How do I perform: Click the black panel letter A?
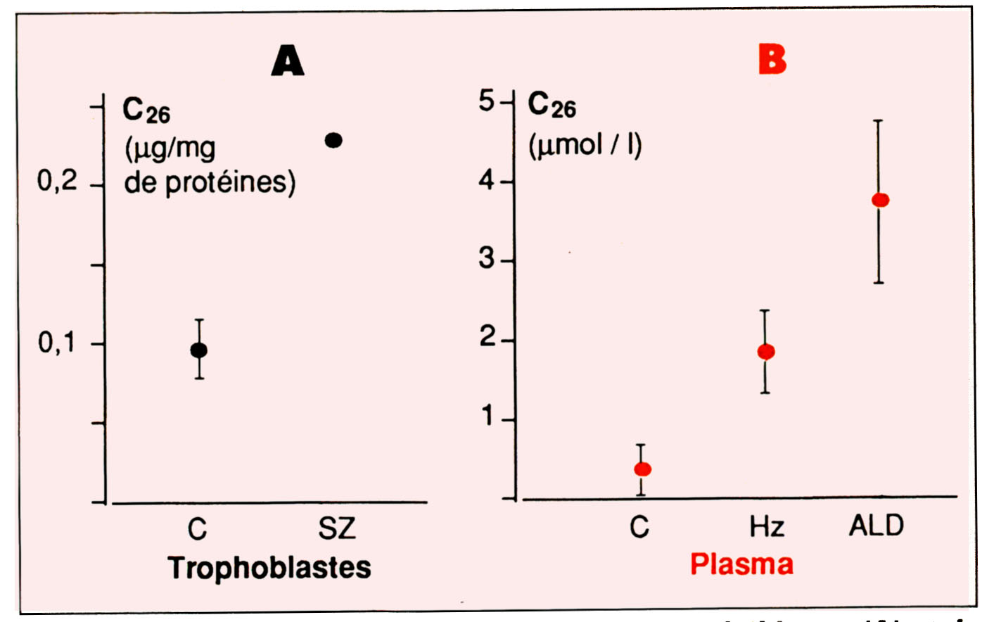pyautogui.click(x=288, y=61)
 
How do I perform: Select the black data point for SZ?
pyautogui.click(x=333, y=141)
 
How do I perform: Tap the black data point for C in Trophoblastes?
pyautogui.click(x=199, y=350)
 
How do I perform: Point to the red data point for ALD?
pyautogui.click(x=880, y=201)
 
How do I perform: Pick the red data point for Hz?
pyautogui.click(x=766, y=352)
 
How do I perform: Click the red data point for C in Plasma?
pyautogui.click(x=642, y=469)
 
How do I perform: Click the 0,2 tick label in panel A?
pyautogui.click(x=57, y=182)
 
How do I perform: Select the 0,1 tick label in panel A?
pyautogui.click(x=57, y=343)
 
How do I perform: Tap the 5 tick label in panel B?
pyautogui.click(x=487, y=101)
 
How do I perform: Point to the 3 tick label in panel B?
pyautogui.click(x=487, y=259)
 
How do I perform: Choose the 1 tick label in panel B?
pyautogui.click(x=488, y=417)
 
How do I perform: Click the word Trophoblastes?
pyautogui.click(x=269, y=567)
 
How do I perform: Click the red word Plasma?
pyautogui.click(x=741, y=564)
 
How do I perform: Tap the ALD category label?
pyautogui.click(x=876, y=526)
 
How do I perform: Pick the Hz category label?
pyautogui.click(x=766, y=527)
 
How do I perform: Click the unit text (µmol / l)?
pyautogui.click(x=585, y=146)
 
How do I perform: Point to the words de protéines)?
pyautogui.click(x=210, y=183)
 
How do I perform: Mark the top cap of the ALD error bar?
pyautogui.click(x=878, y=121)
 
